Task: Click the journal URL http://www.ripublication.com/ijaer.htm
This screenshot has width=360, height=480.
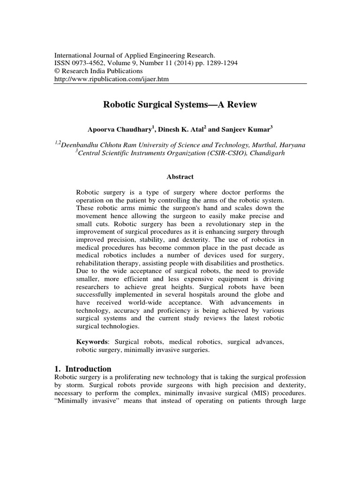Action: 112,79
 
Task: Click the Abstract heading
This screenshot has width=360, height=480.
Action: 180,177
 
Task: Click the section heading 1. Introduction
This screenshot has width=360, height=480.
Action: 83,368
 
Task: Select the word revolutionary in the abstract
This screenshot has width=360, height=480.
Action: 215,224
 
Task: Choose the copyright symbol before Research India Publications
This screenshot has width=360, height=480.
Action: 58,71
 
